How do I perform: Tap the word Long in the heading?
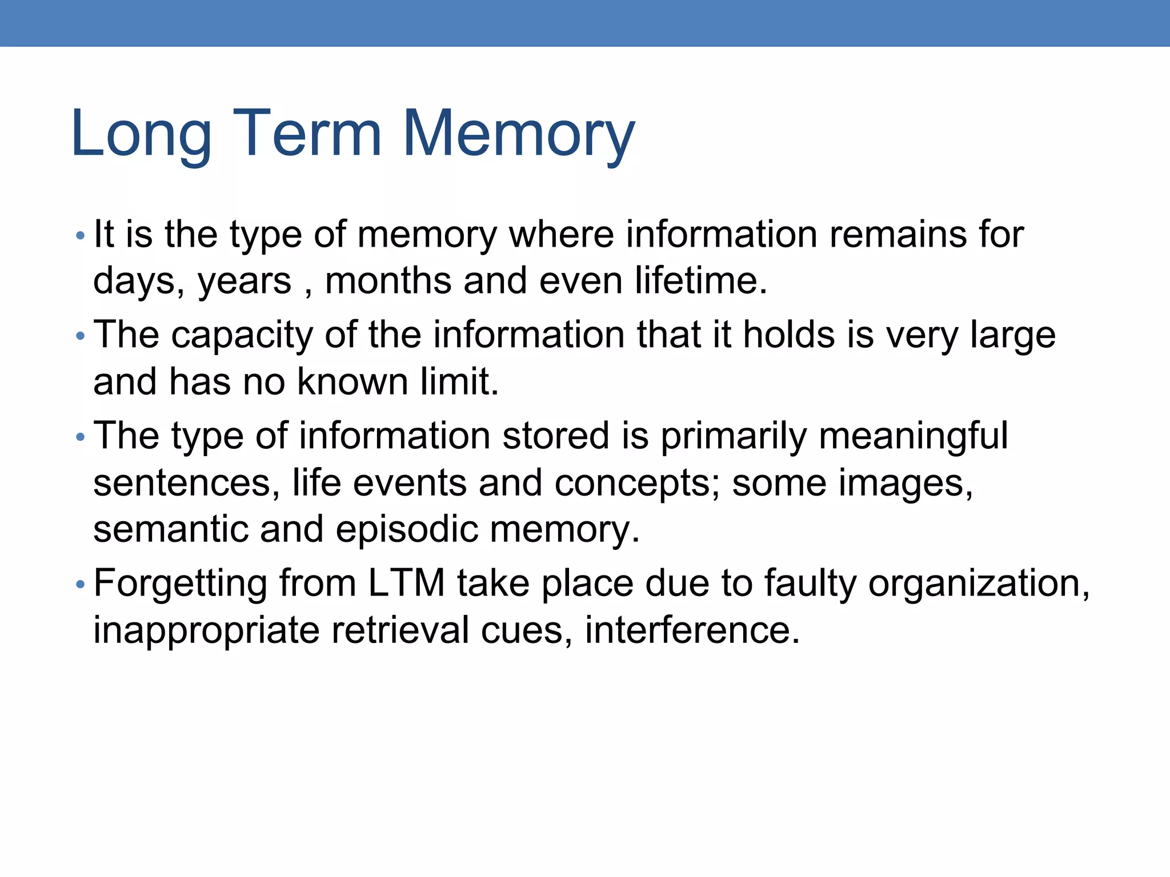click(x=141, y=135)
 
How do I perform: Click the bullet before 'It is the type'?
click(x=80, y=235)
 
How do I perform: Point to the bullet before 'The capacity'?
click(x=80, y=336)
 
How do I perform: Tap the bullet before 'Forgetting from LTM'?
click(x=80, y=584)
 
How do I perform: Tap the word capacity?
click(x=242, y=336)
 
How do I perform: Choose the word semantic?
click(x=171, y=529)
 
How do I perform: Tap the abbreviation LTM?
click(x=406, y=583)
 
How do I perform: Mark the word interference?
click(x=692, y=630)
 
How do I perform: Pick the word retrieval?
click(x=400, y=630)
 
